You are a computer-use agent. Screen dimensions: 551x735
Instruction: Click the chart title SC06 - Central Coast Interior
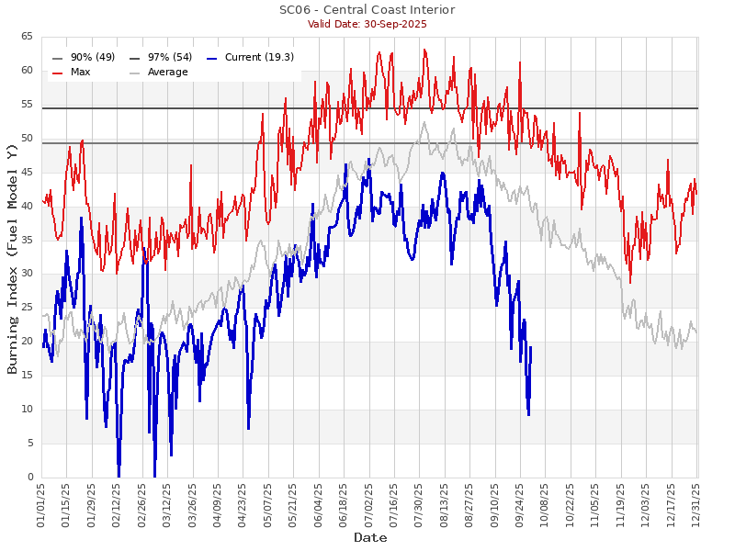(367, 10)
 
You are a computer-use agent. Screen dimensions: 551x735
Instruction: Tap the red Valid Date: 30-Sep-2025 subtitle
(367, 24)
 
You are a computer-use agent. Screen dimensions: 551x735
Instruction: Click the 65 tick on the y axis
(27, 37)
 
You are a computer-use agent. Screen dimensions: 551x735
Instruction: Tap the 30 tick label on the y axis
(27, 274)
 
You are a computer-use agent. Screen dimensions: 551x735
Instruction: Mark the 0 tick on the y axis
(29, 478)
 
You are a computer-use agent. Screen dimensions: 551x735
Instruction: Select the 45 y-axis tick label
(27, 172)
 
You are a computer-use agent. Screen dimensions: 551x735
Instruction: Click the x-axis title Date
(369, 537)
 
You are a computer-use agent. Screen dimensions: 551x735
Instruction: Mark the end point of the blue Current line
(531, 347)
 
